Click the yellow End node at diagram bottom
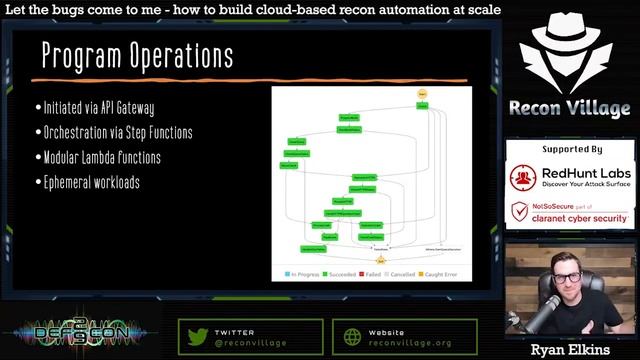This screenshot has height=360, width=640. (381, 259)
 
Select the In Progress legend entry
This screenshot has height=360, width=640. (306, 272)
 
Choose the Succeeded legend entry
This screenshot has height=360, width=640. (346, 272)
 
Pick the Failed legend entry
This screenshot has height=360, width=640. (379, 272)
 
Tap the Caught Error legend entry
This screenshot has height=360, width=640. (450, 272)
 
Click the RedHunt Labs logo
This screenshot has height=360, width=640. (523, 176)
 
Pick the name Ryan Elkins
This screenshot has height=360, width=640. (569, 350)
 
